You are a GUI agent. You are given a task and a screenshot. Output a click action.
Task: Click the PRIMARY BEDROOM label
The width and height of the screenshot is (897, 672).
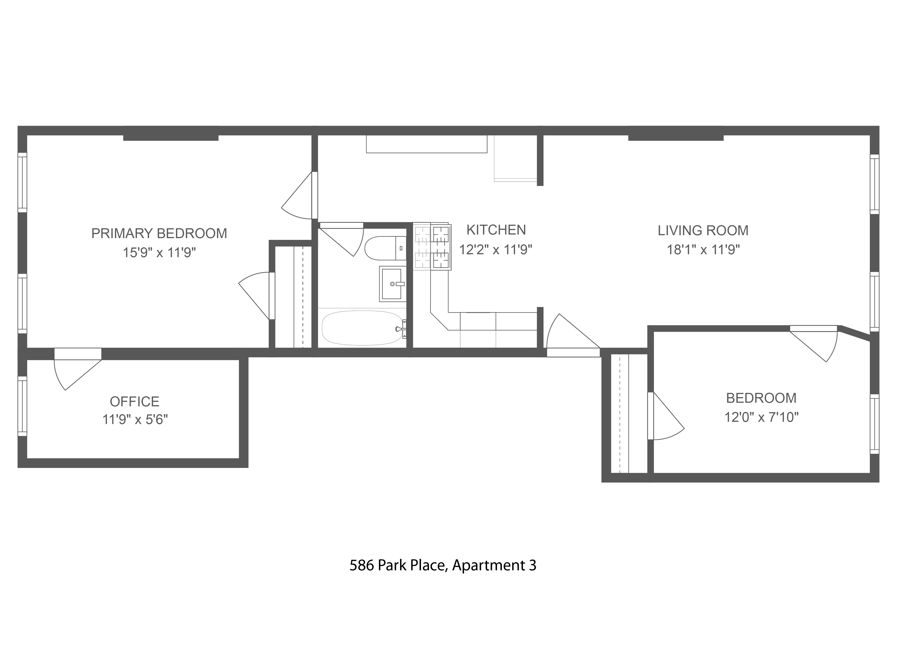tap(159, 234)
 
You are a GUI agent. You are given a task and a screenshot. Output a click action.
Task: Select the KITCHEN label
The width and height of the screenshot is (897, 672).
tap(496, 230)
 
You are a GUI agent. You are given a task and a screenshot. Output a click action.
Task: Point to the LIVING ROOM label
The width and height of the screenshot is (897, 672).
tap(703, 230)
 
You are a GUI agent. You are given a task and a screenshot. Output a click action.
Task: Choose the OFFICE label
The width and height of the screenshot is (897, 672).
tap(135, 401)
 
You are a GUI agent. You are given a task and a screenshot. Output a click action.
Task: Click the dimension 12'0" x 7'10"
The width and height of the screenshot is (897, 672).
tap(761, 417)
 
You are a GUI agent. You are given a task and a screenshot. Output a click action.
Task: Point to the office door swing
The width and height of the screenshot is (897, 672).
tap(75, 373)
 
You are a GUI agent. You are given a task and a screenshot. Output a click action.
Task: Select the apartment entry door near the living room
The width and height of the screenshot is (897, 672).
tap(572, 336)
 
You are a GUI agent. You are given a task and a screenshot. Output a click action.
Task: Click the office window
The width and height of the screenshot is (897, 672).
tap(22, 406)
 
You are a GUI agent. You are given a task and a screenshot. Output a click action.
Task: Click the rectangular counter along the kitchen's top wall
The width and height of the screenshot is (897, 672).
tap(426, 144)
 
